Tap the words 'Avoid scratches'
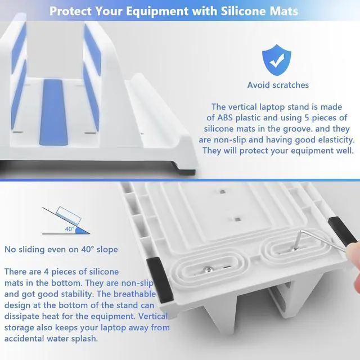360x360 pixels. tap(278, 85)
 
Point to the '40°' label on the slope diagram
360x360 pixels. tap(70, 229)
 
